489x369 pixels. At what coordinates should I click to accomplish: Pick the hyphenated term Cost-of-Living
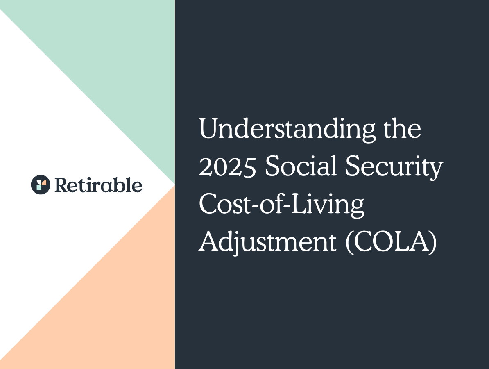tap(282, 206)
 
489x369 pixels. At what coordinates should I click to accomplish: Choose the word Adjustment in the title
tap(267, 244)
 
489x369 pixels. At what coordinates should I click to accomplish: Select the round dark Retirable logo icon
tap(41, 184)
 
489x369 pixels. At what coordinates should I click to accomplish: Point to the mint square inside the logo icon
tap(38, 187)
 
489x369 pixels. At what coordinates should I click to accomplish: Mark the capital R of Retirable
tap(60, 185)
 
